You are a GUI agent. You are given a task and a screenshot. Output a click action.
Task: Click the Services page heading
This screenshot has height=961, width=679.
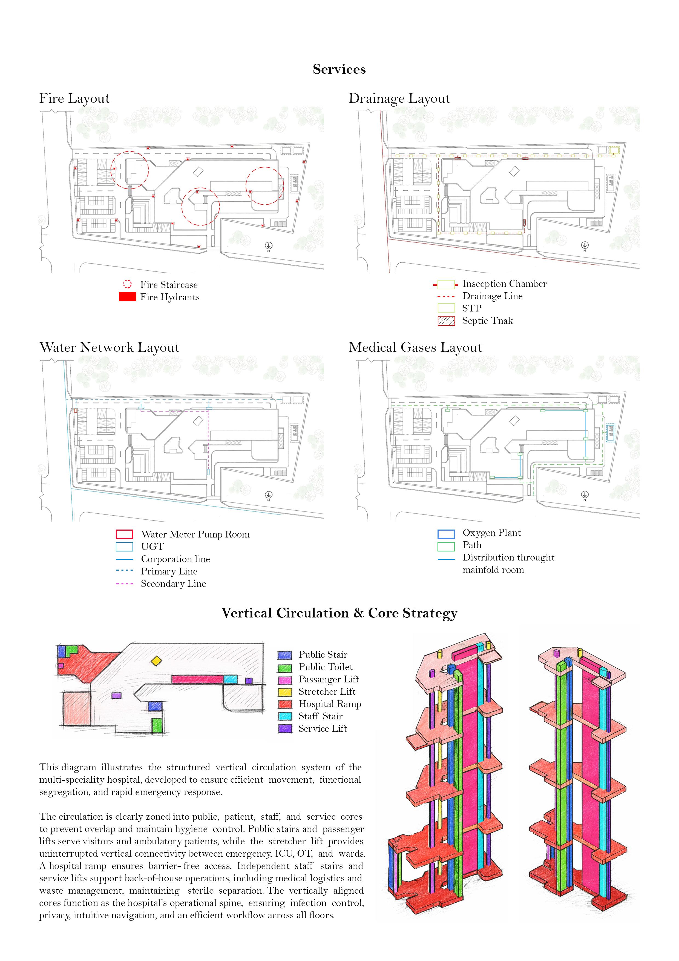click(x=339, y=69)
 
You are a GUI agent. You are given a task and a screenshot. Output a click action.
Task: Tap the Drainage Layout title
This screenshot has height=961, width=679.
click(x=399, y=98)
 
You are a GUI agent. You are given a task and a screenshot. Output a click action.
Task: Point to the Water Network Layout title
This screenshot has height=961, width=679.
click(x=109, y=347)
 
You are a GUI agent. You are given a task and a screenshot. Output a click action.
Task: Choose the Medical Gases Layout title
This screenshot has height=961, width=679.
click(x=415, y=347)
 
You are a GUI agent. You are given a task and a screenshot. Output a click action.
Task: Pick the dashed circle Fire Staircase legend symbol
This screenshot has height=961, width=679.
click(x=127, y=285)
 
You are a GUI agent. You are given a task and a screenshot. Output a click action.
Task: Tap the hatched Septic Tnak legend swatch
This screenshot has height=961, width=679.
click(x=446, y=321)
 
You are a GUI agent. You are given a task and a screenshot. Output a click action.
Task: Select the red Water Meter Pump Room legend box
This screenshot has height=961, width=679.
click(x=124, y=534)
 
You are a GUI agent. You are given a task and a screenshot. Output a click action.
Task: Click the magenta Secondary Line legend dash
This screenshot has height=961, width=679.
click(x=124, y=584)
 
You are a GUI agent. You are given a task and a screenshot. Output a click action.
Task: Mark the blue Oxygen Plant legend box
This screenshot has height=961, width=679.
click(x=446, y=534)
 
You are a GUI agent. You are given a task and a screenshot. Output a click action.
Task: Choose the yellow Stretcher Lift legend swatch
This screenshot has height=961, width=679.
click(x=284, y=692)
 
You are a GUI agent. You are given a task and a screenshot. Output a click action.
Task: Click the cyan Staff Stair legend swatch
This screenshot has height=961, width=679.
click(x=284, y=717)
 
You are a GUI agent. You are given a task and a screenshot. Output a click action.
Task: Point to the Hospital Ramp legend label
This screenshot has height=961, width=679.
click(x=330, y=704)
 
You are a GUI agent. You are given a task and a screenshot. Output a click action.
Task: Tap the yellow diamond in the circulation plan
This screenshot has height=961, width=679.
click(x=156, y=661)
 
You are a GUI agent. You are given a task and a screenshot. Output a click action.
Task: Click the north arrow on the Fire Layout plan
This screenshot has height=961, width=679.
click(x=269, y=246)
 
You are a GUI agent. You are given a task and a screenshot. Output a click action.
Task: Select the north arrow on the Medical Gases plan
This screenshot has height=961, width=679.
click(x=585, y=495)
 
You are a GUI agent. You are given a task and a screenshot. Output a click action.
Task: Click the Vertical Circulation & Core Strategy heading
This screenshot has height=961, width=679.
click(x=339, y=613)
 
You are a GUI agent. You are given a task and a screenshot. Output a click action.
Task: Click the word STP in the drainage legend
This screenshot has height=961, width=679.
click(x=471, y=308)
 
